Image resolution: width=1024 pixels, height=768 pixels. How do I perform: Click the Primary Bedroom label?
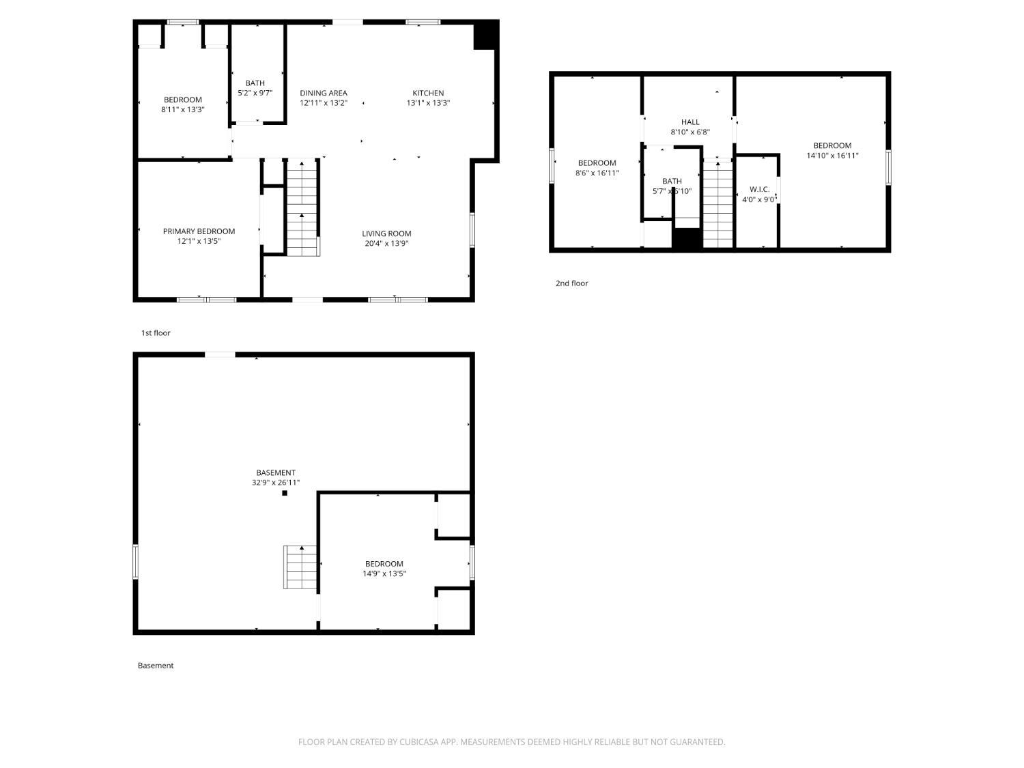(199, 231)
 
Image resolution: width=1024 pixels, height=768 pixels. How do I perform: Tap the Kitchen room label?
(428, 93)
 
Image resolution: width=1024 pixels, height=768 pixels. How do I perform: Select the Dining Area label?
(324, 93)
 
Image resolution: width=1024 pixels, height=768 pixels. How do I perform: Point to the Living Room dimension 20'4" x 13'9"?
(386, 244)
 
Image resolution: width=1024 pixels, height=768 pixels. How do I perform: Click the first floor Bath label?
(255, 83)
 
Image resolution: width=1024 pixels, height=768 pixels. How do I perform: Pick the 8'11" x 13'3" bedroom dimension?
(183, 109)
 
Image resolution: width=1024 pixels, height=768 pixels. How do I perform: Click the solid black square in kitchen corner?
(485, 35)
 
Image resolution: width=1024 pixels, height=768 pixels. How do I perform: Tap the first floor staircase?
(302, 208)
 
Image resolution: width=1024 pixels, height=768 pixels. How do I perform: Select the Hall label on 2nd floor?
(690, 122)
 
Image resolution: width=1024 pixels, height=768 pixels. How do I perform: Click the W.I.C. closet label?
(759, 189)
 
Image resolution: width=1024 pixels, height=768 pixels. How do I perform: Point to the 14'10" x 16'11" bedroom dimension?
(832, 156)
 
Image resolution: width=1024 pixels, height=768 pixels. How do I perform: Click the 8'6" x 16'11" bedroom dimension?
(597, 173)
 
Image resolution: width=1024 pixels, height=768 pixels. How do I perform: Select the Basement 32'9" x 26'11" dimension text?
(276, 483)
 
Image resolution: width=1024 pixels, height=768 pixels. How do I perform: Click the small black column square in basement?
(285, 493)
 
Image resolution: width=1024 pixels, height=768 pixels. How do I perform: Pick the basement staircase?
(301, 567)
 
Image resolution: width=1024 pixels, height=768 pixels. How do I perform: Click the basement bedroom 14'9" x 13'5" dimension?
(384, 574)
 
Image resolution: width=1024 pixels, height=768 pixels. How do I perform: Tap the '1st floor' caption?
(156, 333)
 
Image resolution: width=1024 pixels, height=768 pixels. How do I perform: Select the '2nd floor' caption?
(571, 283)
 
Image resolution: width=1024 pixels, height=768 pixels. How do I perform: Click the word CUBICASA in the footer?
(418, 742)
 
